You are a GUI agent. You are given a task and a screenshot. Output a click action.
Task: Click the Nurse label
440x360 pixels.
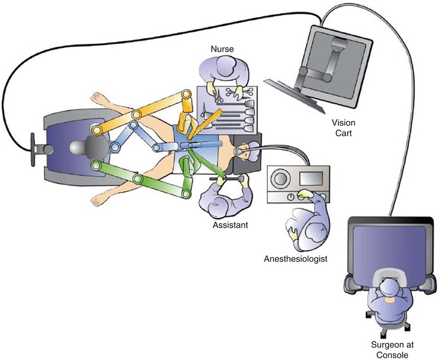[x=221, y=49]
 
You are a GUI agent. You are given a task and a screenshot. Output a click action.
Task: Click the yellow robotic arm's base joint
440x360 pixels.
[x=97, y=131]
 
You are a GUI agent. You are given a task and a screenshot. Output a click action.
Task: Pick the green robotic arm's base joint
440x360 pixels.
[x=97, y=165]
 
